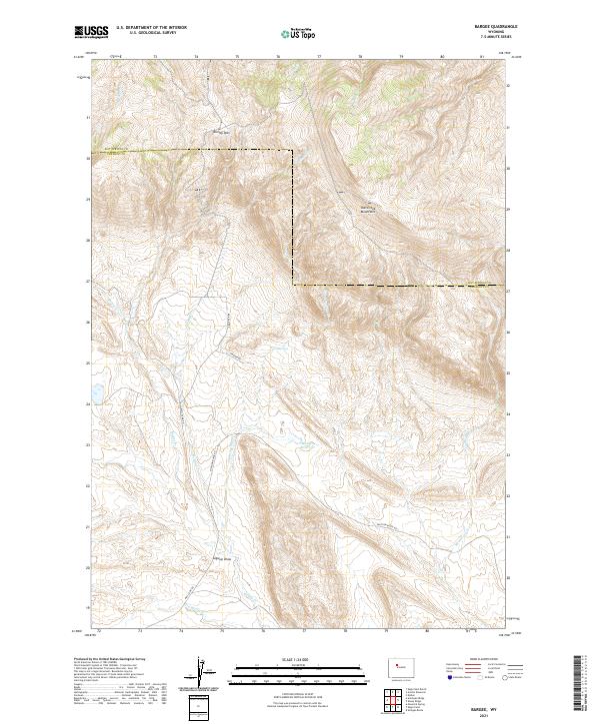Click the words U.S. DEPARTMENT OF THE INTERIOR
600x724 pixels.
(151, 28)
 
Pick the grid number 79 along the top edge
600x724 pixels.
(401, 58)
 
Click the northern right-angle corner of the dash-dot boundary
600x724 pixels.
(292, 151)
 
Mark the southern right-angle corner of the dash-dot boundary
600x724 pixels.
(293, 285)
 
